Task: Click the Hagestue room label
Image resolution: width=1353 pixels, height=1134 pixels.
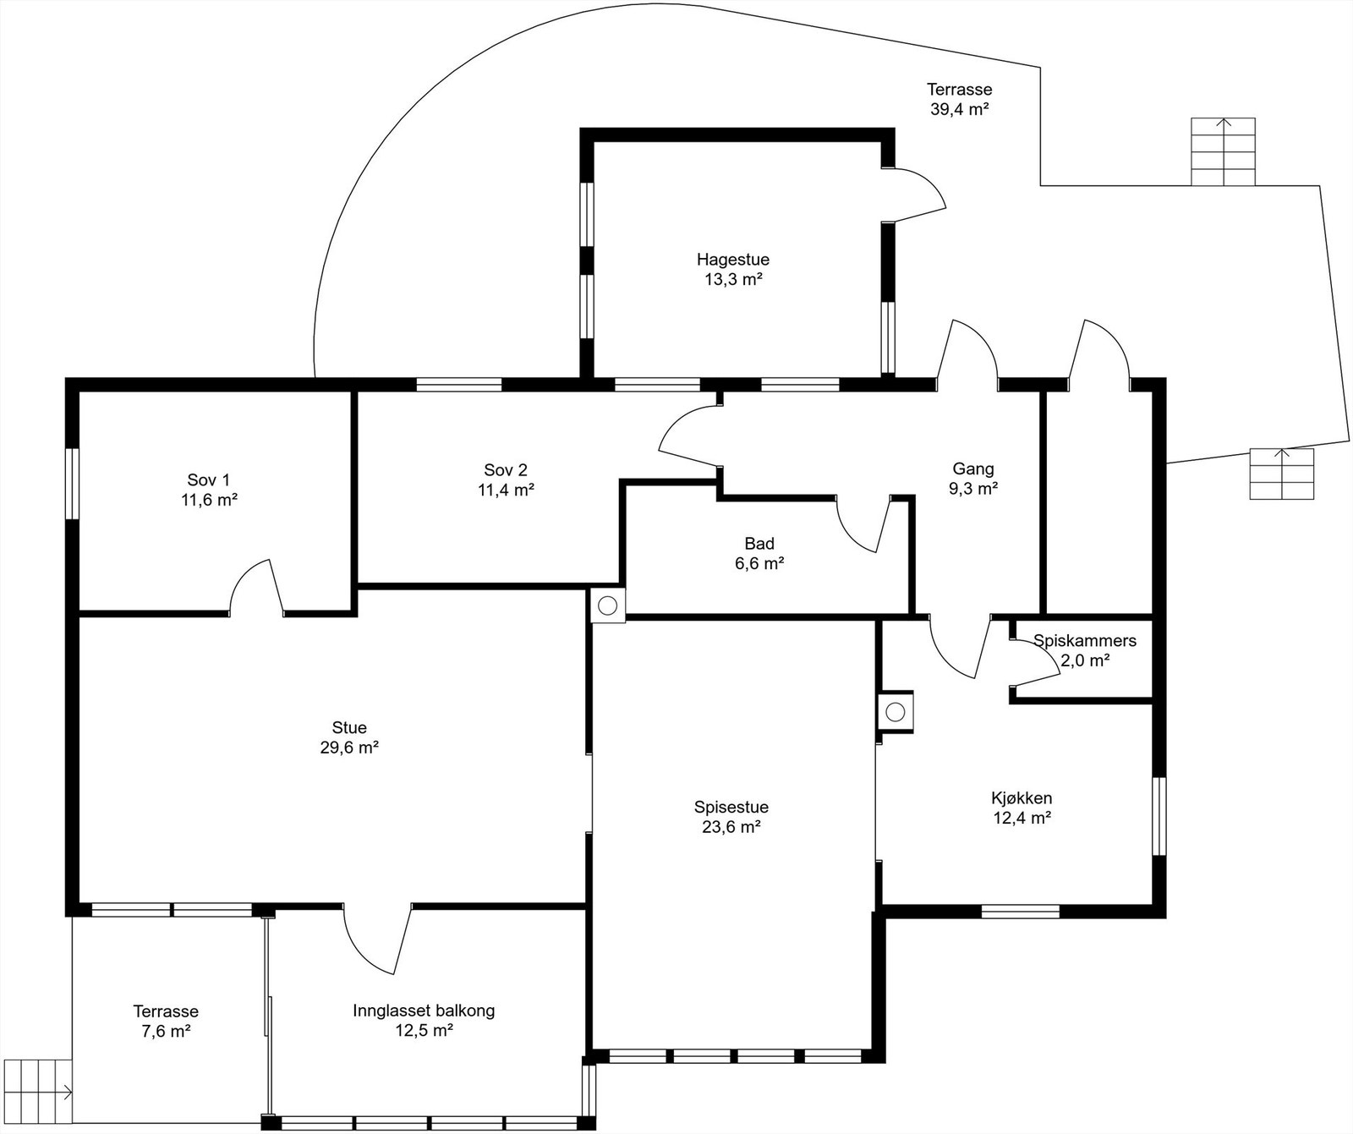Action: coord(733,260)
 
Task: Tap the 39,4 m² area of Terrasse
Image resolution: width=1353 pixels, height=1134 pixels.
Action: coord(960,109)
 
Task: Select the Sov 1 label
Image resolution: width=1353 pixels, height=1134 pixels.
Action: coord(208,480)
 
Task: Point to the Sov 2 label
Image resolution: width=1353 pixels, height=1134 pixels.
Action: coord(506,470)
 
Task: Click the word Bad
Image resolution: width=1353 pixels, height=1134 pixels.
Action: coord(759,544)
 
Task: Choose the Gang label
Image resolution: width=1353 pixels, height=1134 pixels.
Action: coord(973,468)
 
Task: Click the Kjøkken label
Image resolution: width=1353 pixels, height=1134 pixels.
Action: coord(1022,798)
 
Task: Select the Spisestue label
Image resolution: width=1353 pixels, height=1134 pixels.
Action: coord(731,808)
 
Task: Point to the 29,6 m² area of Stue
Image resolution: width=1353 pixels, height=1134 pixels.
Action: coord(349,748)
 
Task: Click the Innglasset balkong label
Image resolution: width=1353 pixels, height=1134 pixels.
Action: coord(424,1011)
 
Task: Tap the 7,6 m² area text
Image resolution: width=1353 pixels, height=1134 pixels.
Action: coord(166,1032)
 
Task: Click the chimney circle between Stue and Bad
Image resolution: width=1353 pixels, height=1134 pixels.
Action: coord(607,605)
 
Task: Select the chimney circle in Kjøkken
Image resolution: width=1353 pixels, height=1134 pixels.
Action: coord(896,711)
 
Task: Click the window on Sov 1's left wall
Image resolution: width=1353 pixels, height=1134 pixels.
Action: coord(73,483)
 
